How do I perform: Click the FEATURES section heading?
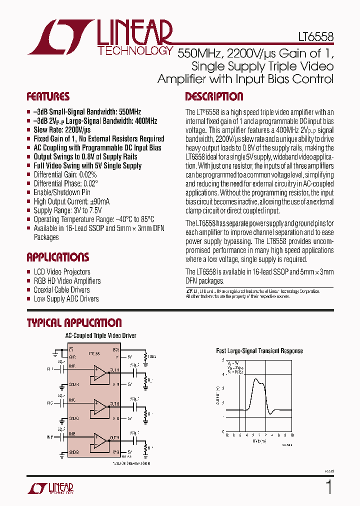point(48,96)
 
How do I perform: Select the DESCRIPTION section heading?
point(214,96)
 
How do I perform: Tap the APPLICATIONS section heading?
point(57,257)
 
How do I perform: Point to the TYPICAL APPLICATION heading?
point(74,323)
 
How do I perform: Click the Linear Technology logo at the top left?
point(100,37)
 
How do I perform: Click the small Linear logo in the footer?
point(55,488)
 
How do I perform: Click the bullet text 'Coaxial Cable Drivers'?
point(61,290)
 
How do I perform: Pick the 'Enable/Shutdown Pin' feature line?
point(62,192)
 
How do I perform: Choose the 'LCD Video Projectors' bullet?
point(62,272)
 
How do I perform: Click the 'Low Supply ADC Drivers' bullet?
point(66,299)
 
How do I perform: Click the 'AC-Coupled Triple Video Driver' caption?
point(100,336)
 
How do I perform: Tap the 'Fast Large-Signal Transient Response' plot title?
point(259,351)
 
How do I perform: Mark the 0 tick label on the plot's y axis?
point(223,431)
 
